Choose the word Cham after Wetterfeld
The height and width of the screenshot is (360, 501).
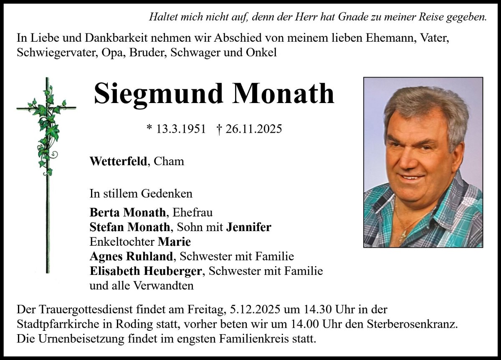point(169,161)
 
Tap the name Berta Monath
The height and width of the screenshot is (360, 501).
point(127,212)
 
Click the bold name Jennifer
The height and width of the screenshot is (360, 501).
point(249,227)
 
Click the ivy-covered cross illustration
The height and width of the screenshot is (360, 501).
point(47,167)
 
